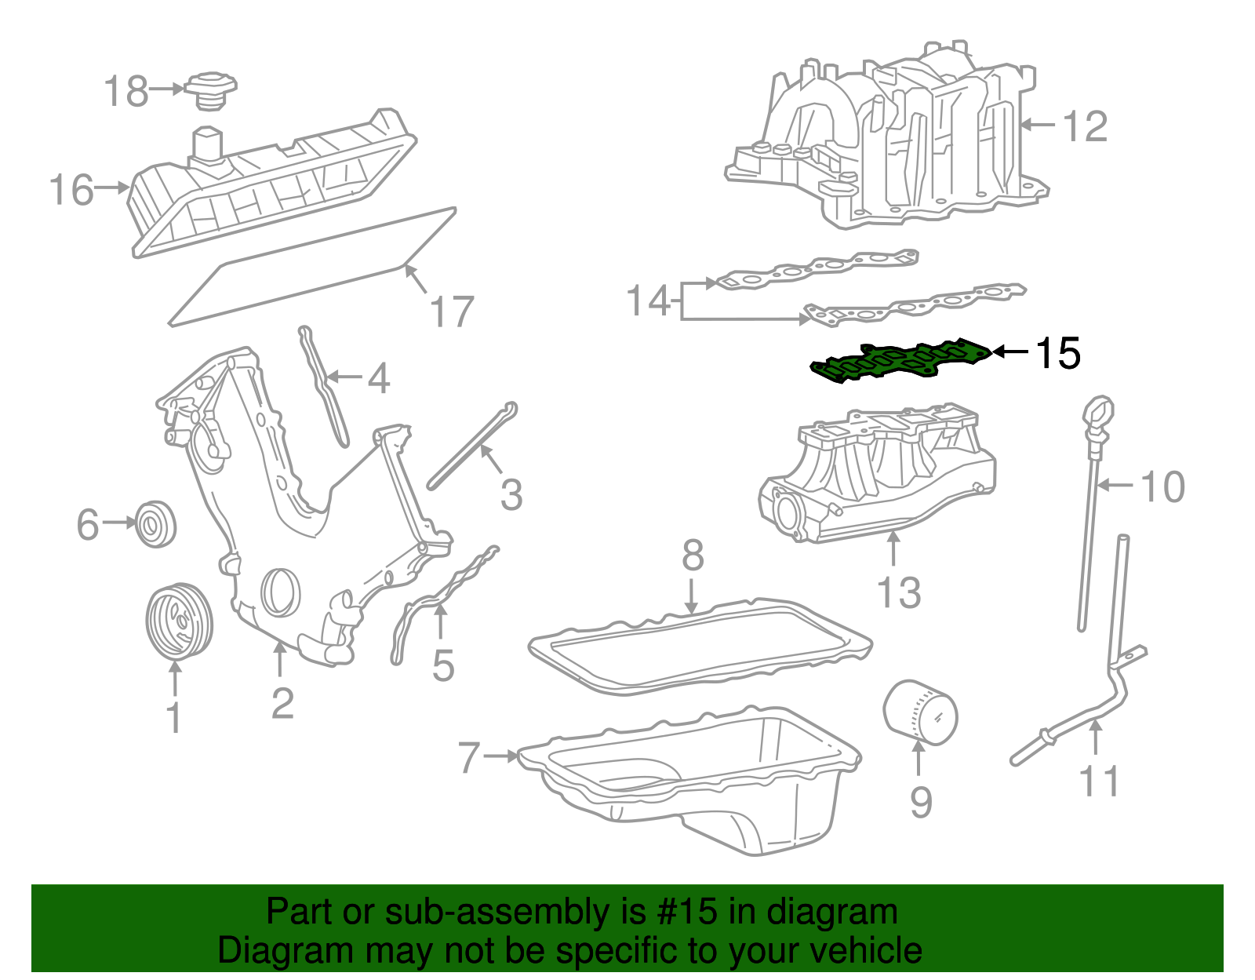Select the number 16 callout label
71,191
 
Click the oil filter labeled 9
921,712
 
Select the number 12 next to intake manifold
1085,126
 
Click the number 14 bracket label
649,301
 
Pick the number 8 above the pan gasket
693,556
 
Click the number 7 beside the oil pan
468,758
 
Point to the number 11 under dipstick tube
1099,781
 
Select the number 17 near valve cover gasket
452,312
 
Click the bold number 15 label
1057,354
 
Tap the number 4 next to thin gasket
379,379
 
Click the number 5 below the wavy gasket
443,666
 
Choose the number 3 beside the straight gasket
511,495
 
